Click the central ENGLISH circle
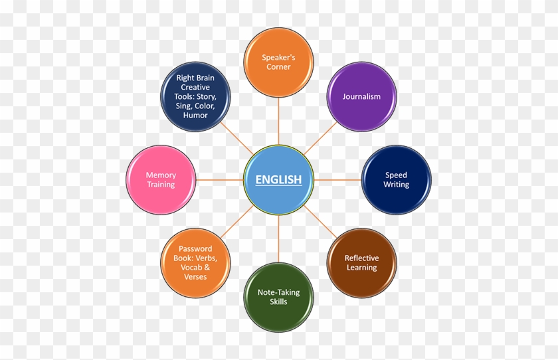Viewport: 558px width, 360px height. [278, 179]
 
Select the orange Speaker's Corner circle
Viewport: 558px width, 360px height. [278, 62]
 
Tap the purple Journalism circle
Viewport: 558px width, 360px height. [361, 97]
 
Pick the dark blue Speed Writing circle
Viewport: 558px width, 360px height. [396, 180]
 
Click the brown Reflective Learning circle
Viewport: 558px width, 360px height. [361, 263]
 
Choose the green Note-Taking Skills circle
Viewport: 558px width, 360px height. [278, 297]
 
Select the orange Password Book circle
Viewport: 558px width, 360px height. [195, 263]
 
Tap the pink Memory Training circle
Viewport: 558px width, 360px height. [161, 180]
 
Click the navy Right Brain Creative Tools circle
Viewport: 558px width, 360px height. [196, 97]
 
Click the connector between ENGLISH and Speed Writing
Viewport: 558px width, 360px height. [337, 180]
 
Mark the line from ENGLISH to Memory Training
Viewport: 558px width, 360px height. [220, 180]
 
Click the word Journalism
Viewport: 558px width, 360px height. [361, 97]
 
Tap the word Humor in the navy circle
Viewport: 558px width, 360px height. [196, 116]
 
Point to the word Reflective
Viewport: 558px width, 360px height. [361, 258]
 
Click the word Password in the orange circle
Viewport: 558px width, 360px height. [195, 249]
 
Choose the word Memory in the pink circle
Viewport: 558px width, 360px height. [161, 175]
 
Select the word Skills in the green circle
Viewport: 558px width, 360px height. [278, 302]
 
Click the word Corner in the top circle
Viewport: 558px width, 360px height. [278, 67]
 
